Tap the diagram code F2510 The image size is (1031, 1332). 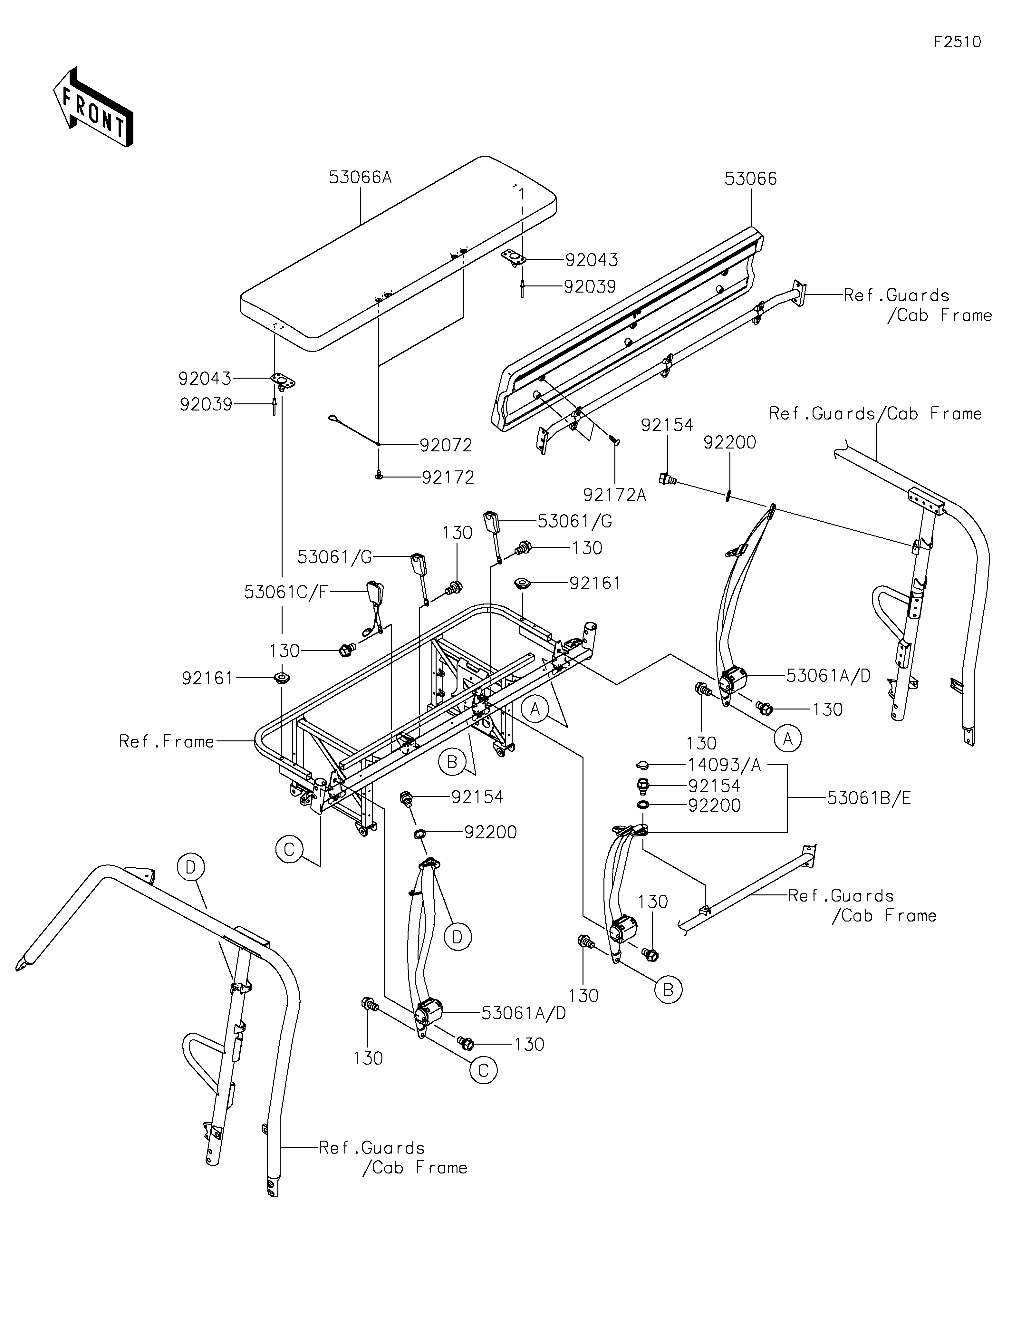[x=957, y=42]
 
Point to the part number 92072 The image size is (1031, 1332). [x=446, y=445]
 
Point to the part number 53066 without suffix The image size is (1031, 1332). [x=751, y=179]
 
